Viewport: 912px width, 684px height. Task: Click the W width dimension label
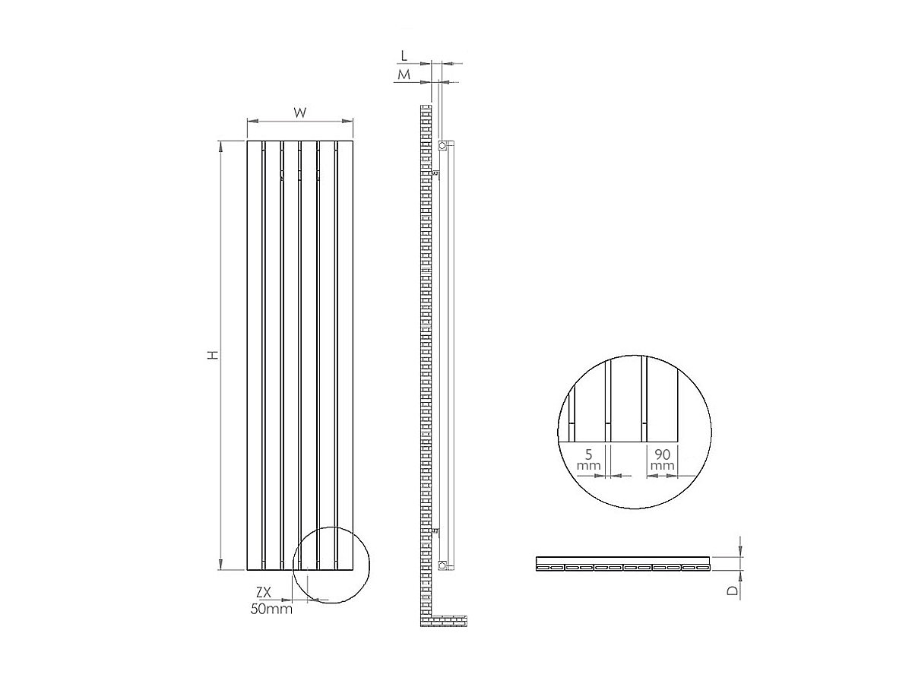pyautogui.click(x=300, y=112)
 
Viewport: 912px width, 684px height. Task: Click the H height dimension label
pyautogui.click(x=214, y=355)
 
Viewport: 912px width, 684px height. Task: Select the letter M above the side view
pyautogui.click(x=404, y=74)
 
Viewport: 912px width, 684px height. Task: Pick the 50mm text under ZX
pyautogui.click(x=271, y=609)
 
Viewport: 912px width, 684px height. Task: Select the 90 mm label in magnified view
pyautogui.click(x=663, y=458)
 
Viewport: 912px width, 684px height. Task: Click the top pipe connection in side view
pyautogui.click(x=442, y=144)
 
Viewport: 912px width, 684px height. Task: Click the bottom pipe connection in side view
pyautogui.click(x=442, y=564)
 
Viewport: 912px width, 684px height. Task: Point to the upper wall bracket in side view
pyautogui.click(x=435, y=174)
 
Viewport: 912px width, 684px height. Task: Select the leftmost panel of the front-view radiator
pyautogui.click(x=254, y=355)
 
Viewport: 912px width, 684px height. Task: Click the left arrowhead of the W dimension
pyautogui.click(x=250, y=121)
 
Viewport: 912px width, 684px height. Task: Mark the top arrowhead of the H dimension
pyautogui.click(x=220, y=144)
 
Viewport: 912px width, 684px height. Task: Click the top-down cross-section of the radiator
pyautogui.click(x=622, y=564)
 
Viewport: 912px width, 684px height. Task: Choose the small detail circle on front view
pyautogui.click(x=331, y=565)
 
